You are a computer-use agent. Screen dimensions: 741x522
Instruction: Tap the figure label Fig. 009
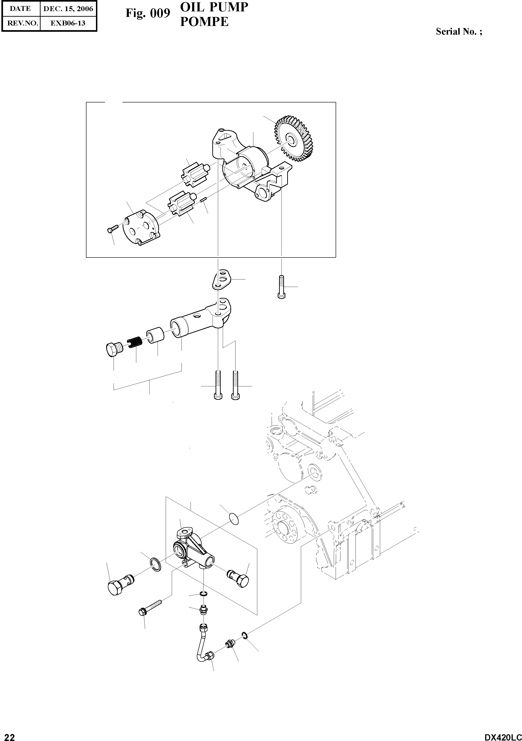click(147, 13)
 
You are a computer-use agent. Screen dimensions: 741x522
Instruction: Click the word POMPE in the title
click(204, 22)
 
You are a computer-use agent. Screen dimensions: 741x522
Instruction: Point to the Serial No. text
click(459, 32)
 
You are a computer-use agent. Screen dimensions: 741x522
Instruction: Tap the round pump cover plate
click(141, 228)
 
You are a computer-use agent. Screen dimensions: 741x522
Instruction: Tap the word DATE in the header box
click(20, 9)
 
